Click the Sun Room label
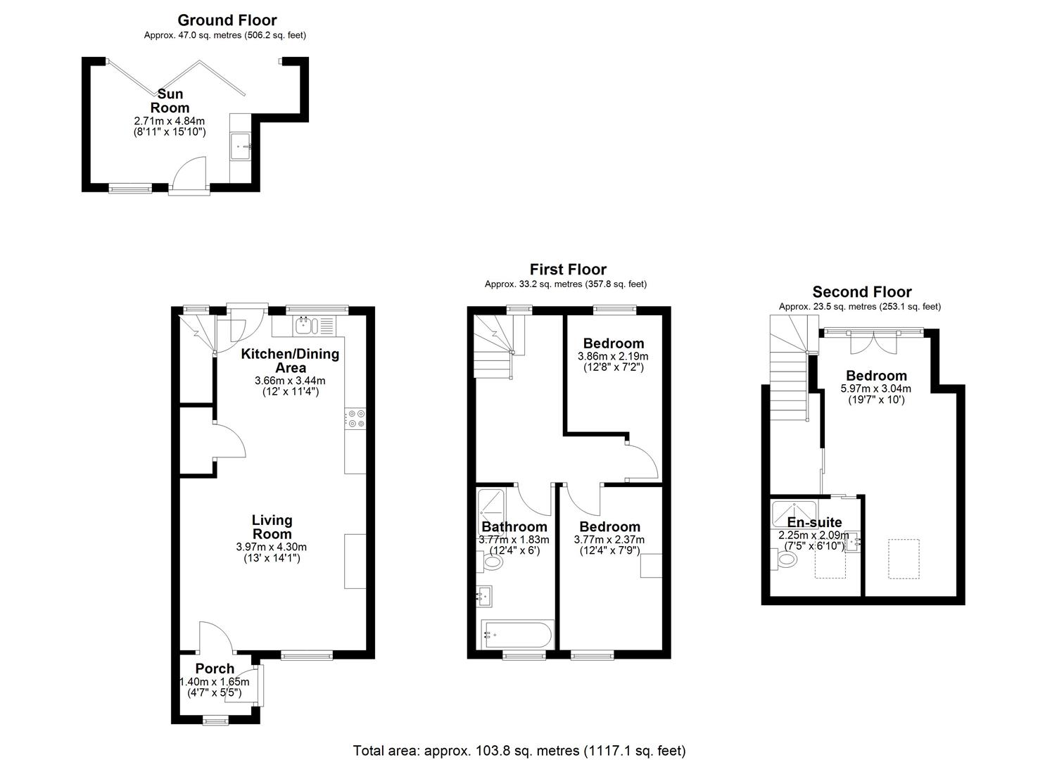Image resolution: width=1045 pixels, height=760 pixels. pos(170,101)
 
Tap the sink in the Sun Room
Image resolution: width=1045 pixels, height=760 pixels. pos(241,146)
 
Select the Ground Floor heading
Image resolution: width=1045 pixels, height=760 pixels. pos(227,20)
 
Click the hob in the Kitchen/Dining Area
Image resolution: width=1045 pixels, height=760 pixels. pos(355,418)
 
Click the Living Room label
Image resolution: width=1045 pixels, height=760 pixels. pos(272,527)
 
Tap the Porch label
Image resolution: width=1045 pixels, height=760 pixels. pos(215,668)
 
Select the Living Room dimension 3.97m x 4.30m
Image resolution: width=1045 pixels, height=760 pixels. pos(272,547)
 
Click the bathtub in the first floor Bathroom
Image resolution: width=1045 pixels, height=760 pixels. pos(517,635)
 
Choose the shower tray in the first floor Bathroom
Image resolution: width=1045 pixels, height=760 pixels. pos(490,508)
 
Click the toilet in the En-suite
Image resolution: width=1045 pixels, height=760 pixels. pos(784,559)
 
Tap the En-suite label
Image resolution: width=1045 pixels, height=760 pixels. pos(815,522)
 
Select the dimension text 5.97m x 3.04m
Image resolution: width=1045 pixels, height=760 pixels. pos(876,388)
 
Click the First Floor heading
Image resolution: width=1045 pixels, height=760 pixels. pos(568,270)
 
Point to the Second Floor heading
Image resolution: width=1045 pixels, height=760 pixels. pos(862,291)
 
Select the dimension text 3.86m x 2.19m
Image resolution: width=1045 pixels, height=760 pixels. pos(613,356)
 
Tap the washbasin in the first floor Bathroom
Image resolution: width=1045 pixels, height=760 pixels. pos(484,596)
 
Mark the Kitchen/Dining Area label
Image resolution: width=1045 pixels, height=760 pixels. pos(290,360)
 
